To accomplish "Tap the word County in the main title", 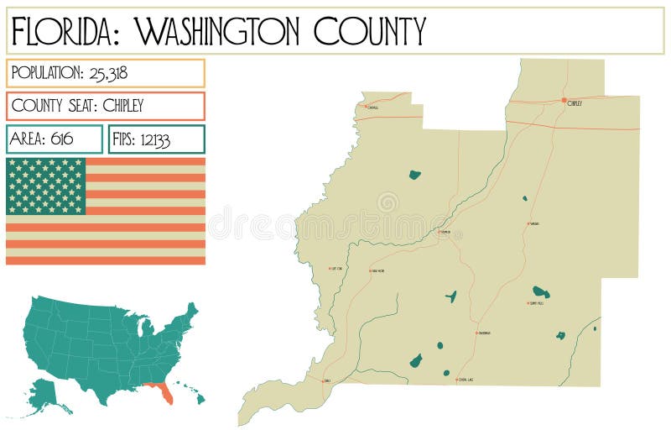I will coord(370,31).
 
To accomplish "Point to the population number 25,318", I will coord(106,73).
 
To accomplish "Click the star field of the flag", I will coord(46,186).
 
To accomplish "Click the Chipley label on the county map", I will coord(575,103).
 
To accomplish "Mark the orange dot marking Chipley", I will coord(564,100).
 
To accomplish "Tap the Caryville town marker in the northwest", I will coord(366,107).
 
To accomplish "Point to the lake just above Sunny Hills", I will coord(541,292).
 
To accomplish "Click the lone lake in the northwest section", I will coord(414,175).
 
